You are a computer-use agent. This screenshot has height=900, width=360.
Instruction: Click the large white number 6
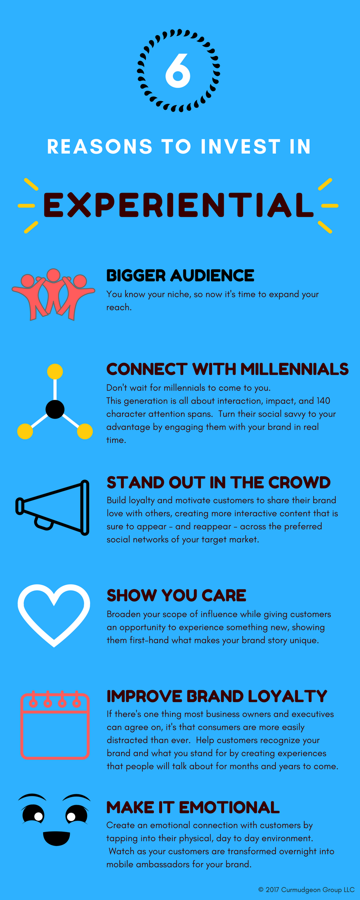point(178,71)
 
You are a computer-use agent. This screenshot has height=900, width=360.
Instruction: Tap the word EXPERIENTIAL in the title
point(178,205)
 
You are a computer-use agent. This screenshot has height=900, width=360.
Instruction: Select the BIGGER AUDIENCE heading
point(180,275)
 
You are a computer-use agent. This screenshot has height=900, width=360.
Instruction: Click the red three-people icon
point(53,295)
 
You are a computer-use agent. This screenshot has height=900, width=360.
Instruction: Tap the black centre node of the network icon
point(55,409)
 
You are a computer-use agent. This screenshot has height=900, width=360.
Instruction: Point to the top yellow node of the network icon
point(55,372)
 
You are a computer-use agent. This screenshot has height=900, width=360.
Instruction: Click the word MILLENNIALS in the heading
point(295,369)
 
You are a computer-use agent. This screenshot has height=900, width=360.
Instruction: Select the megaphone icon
point(53,508)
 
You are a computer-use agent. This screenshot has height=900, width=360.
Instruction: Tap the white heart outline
point(54,615)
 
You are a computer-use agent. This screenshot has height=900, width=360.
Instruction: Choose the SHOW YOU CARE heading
point(176,595)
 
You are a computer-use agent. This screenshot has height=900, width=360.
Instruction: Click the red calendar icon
point(55,724)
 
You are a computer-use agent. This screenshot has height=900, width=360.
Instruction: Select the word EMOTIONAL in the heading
point(229,807)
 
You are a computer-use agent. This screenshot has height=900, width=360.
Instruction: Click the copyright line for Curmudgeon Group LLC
point(306,890)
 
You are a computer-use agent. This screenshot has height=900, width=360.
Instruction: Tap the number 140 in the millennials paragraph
point(323,400)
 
